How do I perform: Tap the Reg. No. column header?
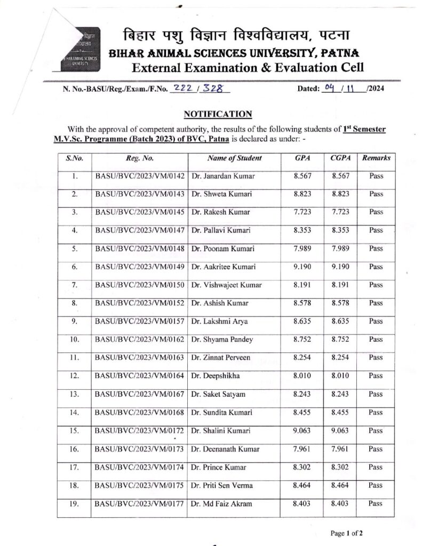[140, 158]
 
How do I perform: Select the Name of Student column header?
[235, 158]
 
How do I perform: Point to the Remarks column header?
[376, 158]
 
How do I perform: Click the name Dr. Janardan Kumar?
[222, 176]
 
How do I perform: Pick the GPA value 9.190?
[302, 267]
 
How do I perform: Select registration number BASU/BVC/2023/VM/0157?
[140, 322]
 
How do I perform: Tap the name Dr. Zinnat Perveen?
[220, 358]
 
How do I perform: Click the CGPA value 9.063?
[340, 431]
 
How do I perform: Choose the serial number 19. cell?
[75, 503]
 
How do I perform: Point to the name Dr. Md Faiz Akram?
[221, 503]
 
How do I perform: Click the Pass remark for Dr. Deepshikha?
[376, 376]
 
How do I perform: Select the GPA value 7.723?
[302, 212]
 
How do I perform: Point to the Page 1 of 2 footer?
[346, 533]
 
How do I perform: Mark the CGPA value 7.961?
[340, 449]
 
